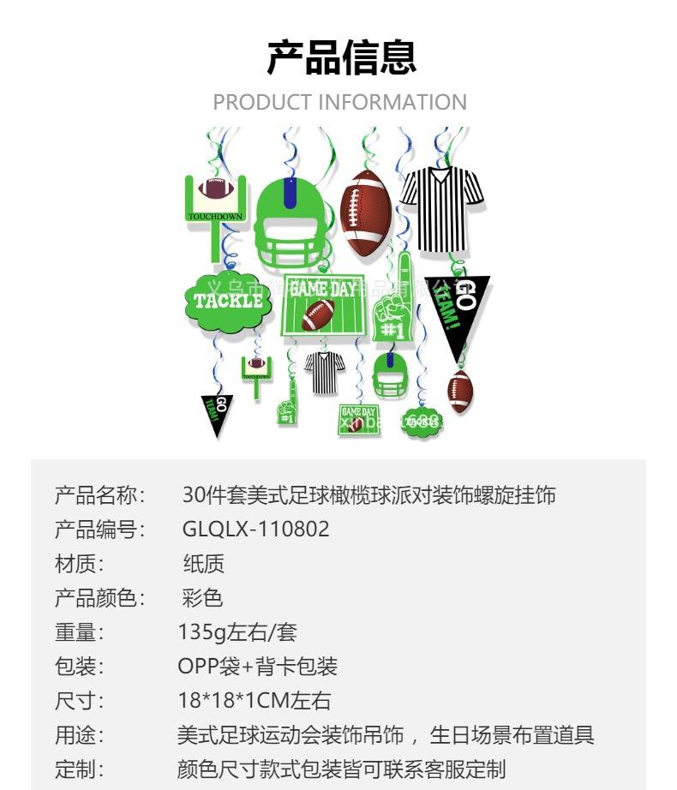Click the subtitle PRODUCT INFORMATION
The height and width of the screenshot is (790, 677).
click(339, 102)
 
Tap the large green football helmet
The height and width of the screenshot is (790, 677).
click(291, 220)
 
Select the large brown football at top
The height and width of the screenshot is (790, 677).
click(366, 212)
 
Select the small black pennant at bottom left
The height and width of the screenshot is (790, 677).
click(217, 412)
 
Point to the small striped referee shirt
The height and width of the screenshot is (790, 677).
click(324, 372)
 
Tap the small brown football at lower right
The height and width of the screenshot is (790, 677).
click(460, 392)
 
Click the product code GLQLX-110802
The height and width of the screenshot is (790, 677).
click(255, 529)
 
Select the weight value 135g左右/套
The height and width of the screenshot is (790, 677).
click(237, 632)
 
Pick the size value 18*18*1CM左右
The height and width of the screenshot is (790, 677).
click(254, 700)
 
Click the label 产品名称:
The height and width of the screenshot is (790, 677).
click(101, 495)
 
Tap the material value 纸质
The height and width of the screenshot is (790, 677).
click(203, 564)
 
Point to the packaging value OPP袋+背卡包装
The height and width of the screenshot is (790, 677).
click(257, 666)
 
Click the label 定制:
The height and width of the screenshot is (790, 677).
click(79, 768)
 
